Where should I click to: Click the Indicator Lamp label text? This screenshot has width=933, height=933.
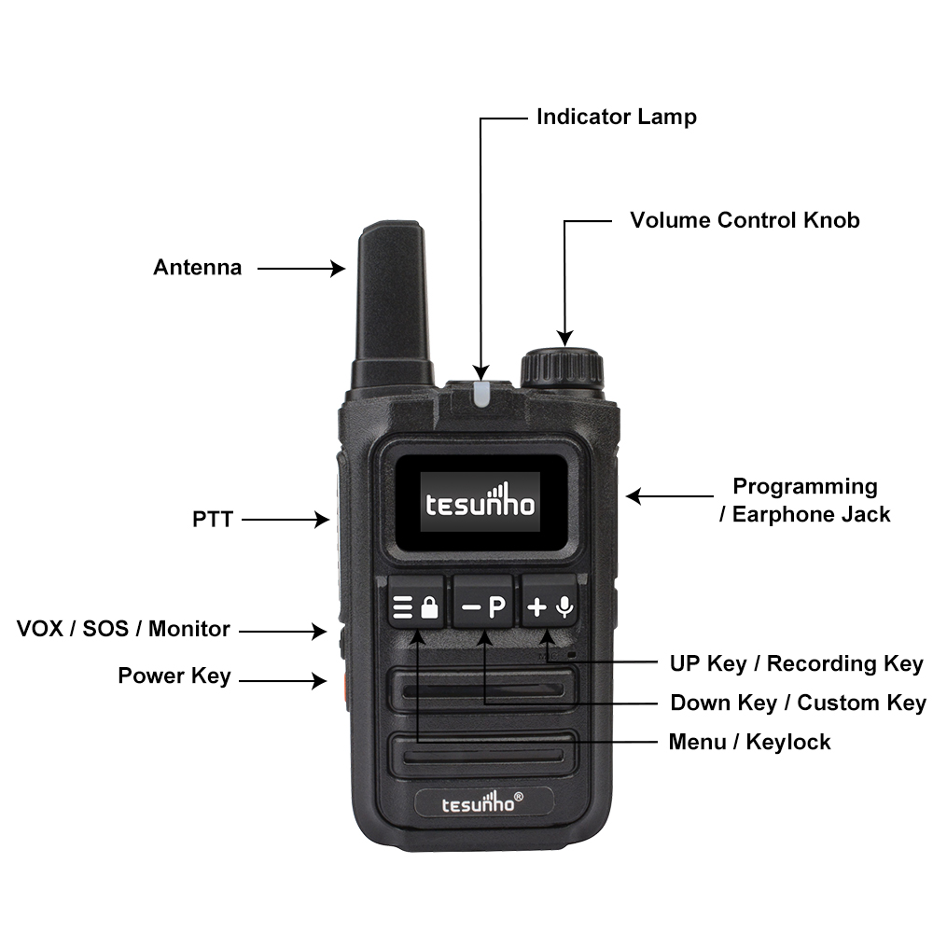pos(617,117)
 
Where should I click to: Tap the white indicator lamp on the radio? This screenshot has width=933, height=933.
pos(480,394)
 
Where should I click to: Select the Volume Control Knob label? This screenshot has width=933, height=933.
pos(745,220)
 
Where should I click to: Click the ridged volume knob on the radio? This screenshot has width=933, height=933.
pos(563,369)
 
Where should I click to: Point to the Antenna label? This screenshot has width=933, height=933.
pos(198,267)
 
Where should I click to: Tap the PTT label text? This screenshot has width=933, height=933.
pos(213,520)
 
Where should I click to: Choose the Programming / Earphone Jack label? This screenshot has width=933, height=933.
pos(805,500)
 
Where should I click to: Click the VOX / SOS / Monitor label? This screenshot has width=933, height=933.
pos(123,629)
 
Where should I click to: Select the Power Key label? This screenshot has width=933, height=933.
pos(174,675)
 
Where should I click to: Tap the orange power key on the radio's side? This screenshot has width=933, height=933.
pos(344,690)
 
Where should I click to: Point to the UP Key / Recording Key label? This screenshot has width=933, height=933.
pos(796,663)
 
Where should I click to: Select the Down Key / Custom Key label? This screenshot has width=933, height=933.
pos(798,703)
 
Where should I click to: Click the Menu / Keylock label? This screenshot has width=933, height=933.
pos(750,742)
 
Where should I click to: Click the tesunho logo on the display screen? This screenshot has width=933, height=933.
pos(480,502)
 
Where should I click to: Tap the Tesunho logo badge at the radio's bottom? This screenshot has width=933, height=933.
pos(483,802)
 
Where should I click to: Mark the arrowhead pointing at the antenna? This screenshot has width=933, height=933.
pos(338,269)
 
